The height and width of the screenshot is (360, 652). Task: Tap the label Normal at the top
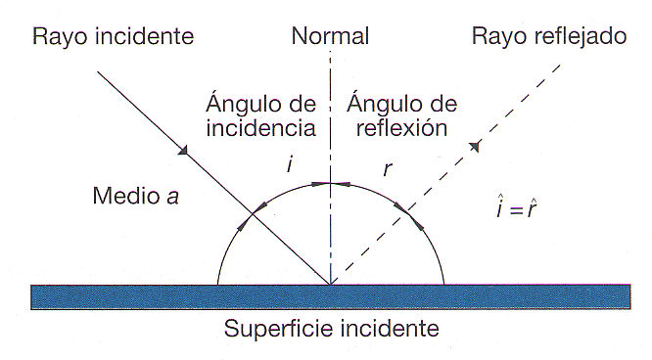pyautogui.click(x=330, y=38)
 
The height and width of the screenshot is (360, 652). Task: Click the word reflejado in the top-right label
pyautogui.click(x=578, y=38)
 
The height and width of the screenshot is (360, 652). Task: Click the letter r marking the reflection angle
pyautogui.click(x=388, y=167)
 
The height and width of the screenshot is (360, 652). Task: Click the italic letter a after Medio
pyautogui.click(x=172, y=197)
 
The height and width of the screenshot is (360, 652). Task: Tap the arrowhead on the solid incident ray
pyautogui.click(x=181, y=151)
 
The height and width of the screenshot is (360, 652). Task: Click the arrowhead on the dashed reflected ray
pyautogui.click(x=475, y=147)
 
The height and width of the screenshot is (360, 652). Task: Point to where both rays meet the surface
pyautogui.click(x=331, y=284)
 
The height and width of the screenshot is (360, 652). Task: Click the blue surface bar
pyautogui.click(x=147, y=295)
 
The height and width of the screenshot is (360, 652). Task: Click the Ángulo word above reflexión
pyautogui.click(x=388, y=103)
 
